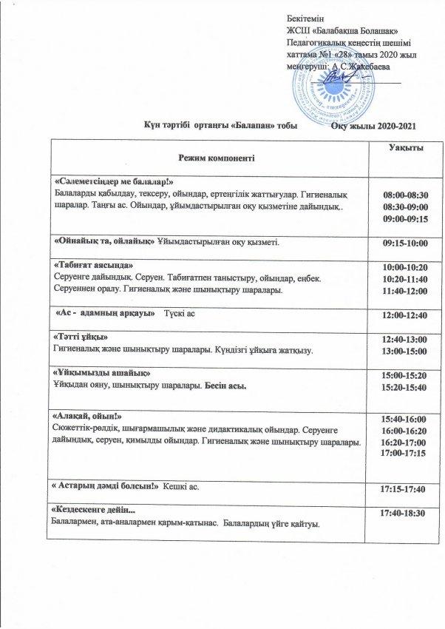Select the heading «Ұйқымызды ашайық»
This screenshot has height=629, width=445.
click(x=98, y=373)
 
